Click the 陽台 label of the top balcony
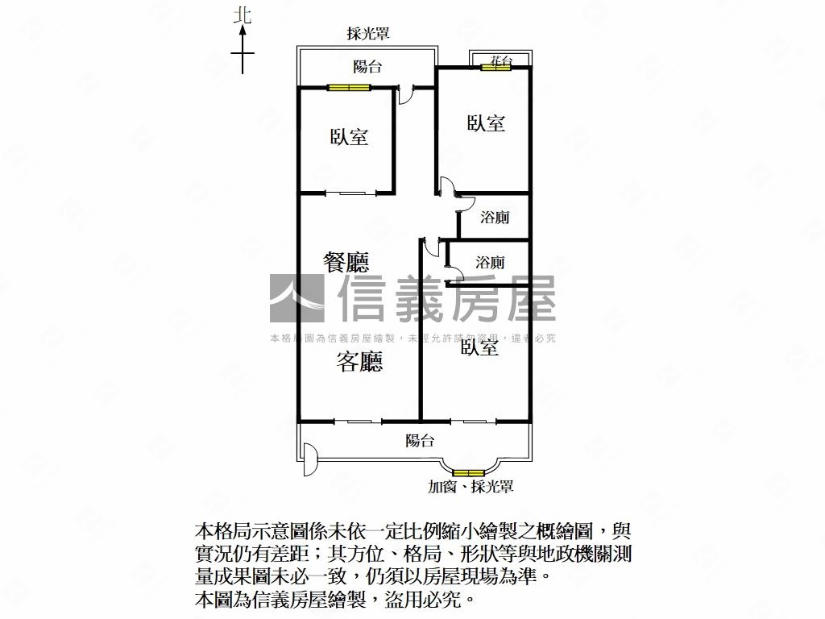pos(367,68)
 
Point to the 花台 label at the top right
pos(500,60)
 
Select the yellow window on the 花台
pos(496,68)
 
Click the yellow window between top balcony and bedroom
pos(348,88)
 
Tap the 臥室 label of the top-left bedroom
pos(349,137)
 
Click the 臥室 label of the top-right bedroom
pos(487,123)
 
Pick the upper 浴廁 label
pos(494,218)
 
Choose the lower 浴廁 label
pos(490,263)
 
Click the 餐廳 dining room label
pos(346,262)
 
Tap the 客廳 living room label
pos(359,363)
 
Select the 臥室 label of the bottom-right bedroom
pos(479,347)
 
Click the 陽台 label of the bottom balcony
pos(420,441)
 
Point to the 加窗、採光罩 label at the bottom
pos(471,487)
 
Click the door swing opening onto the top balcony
pos(408,94)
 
